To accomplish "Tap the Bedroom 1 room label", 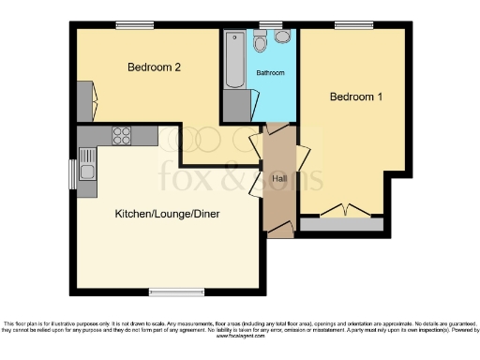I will click(355, 97).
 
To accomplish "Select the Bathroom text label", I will click(271, 72).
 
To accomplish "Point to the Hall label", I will click(279, 178).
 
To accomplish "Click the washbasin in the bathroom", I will click(281, 37).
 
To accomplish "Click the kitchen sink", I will click(88, 171).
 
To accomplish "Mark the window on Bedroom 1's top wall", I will click(352, 25).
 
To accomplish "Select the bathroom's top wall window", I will click(271, 25).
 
